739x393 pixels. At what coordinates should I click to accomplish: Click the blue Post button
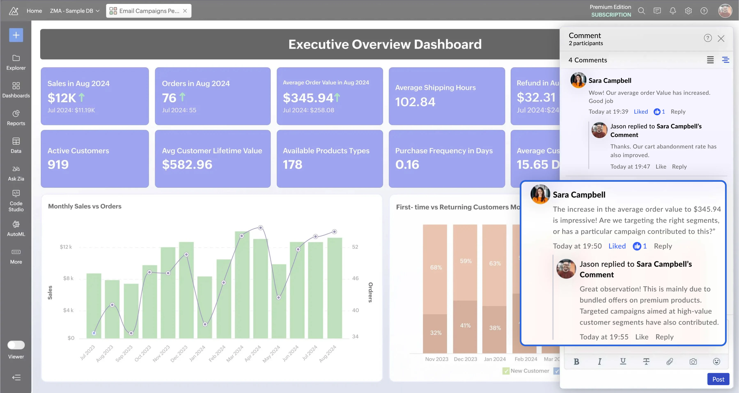[x=718, y=379]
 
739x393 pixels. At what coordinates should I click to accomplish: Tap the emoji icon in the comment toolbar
[x=716, y=361]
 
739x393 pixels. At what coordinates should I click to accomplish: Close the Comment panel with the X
[x=721, y=38]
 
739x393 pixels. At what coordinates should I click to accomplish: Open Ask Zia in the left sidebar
[x=16, y=173]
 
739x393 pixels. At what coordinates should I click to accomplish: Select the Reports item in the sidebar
[x=16, y=118]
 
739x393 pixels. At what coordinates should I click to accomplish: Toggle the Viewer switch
[x=16, y=345]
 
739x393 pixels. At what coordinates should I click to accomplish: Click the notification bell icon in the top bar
[x=673, y=11]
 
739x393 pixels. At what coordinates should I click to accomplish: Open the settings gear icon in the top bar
[x=688, y=11]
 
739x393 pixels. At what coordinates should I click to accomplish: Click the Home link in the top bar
[x=34, y=11]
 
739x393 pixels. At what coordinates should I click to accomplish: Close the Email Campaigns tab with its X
[x=185, y=11]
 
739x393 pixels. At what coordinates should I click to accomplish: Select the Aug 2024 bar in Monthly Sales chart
[x=335, y=288]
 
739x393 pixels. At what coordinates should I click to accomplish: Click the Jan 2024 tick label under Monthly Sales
[x=197, y=353]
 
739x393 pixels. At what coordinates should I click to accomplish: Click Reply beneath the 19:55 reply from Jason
[x=664, y=337]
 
